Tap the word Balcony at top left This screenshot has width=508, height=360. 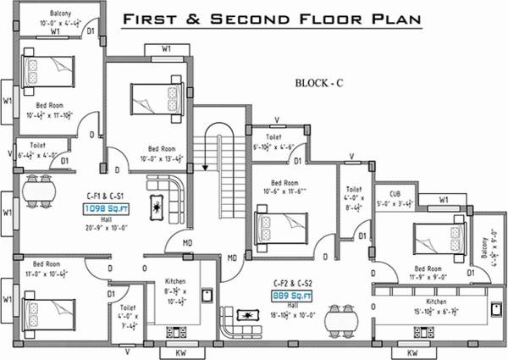tap(60, 14)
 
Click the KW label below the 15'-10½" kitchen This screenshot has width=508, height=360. tap(413, 352)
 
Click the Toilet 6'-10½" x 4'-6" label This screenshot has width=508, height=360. tap(274, 141)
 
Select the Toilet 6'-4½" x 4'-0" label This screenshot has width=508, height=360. tap(37, 151)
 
